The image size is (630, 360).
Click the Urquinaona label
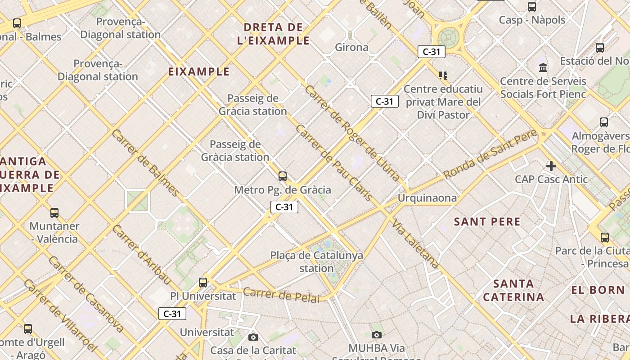[427, 198]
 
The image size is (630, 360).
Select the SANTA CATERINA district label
[513, 290]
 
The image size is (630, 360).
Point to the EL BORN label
[598, 290]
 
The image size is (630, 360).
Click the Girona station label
[352, 47]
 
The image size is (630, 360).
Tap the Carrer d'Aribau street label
[141, 254]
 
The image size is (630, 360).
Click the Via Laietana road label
[415, 244]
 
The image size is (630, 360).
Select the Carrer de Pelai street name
[281, 295]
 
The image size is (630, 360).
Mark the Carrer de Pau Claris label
[333, 162]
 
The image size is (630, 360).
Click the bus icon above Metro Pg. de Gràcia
[283, 176]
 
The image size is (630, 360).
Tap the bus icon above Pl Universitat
[203, 282]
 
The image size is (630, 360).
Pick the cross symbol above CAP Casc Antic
[551, 166]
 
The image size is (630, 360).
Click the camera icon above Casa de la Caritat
[253, 337]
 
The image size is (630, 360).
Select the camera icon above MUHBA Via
[377, 335]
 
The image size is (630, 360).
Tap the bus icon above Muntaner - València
[54, 212]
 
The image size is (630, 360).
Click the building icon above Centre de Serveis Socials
[543, 68]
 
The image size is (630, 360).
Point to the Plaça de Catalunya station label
[316, 262]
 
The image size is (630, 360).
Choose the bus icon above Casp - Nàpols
[532, 7]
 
